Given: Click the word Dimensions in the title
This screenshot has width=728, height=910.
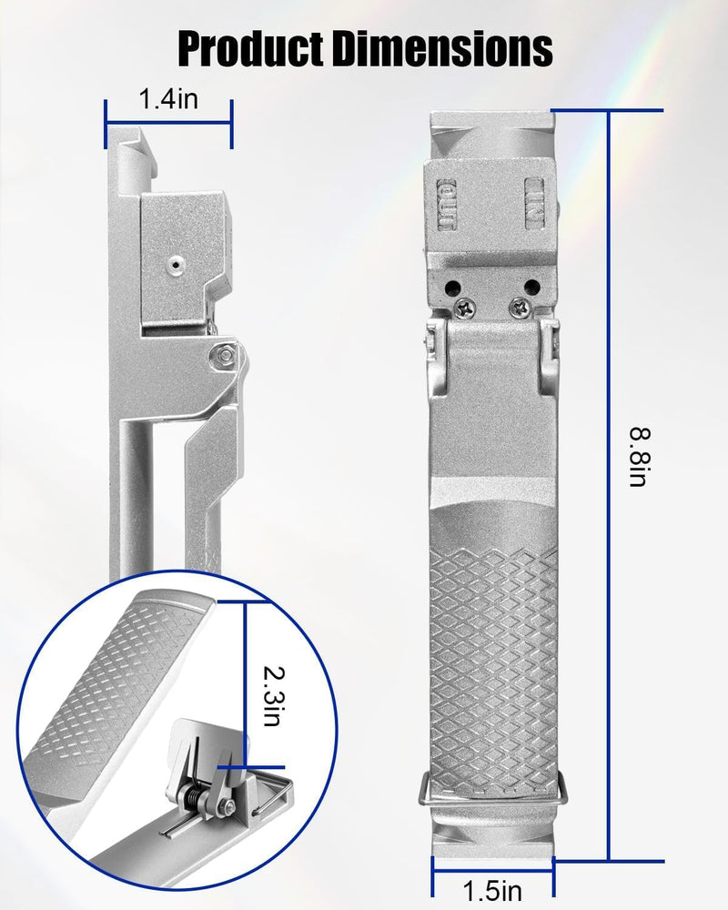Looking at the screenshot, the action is point(441,48).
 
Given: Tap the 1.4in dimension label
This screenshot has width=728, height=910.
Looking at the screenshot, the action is point(167,98).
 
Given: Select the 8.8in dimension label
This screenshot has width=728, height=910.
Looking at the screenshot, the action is point(640,457).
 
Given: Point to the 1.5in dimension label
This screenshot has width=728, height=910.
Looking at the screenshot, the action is point(492,890).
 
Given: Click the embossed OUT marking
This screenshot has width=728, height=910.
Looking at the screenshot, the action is point(446,204).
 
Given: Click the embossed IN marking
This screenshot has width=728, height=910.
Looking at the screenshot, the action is point(535,203).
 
